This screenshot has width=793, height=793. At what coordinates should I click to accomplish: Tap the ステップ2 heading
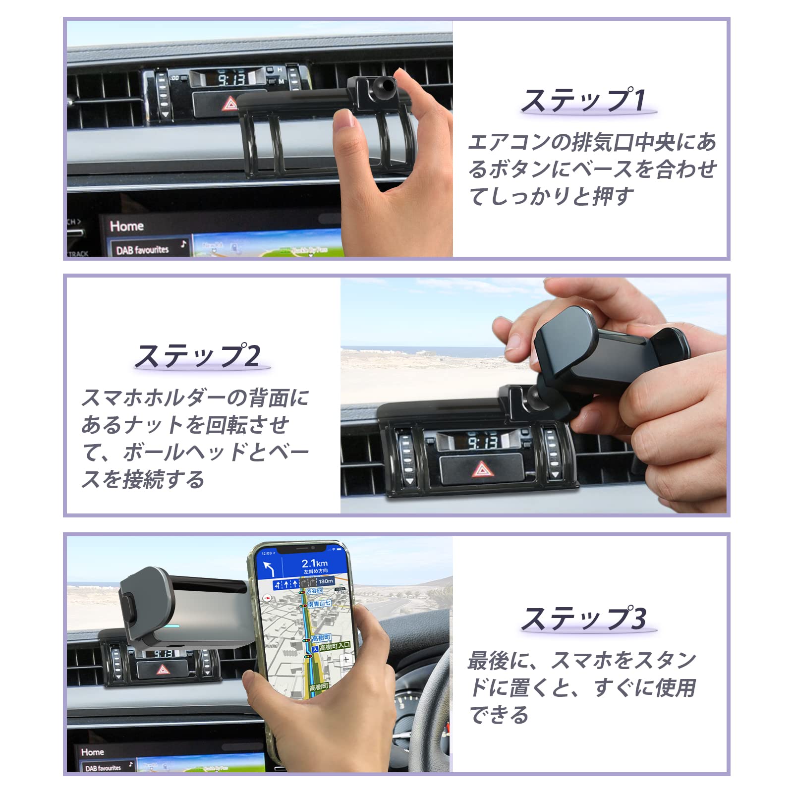point(198,356)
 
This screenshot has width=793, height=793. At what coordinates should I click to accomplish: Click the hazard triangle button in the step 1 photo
point(230,104)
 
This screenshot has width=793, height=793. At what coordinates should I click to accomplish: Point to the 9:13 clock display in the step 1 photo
point(231,79)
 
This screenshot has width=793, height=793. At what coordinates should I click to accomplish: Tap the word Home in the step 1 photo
point(127,226)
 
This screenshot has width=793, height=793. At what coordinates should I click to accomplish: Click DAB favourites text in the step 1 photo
point(142,250)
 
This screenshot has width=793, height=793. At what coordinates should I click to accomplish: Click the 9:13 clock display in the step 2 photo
point(482,442)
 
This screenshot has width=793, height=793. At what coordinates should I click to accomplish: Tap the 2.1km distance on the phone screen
point(315,563)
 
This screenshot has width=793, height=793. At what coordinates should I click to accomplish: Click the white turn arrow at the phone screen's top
point(269,568)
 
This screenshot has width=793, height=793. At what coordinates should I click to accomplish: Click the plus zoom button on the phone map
point(346,660)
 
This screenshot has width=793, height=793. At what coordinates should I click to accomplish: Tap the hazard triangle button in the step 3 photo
point(163,670)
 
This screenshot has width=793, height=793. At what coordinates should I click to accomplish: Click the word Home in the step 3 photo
point(93,752)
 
